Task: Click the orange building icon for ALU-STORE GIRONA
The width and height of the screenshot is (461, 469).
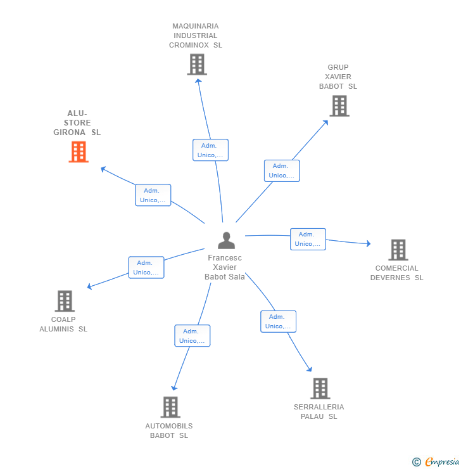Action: pyautogui.click(x=79, y=152)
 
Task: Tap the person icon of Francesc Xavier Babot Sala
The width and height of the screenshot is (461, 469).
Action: pyautogui.click(x=227, y=240)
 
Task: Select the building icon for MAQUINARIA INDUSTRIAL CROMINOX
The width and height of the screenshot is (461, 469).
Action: pyautogui.click(x=197, y=64)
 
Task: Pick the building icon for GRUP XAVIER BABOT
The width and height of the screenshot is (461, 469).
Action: pyautogui.click(x=339, y=106)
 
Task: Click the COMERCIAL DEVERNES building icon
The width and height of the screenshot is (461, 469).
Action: pyautogui.click(x=398, y=250)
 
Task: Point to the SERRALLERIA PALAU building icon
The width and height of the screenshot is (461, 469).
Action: pyautogui.click(x=320, y=389)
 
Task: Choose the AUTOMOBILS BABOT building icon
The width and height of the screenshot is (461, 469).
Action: pyautogui.click(x=170, y=407)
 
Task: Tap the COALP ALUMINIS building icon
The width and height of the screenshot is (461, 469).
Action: pyautogui.click(x=65, y=301)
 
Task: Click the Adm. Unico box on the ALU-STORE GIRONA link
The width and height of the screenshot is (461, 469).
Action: pyautogui.click(x=153, y=195)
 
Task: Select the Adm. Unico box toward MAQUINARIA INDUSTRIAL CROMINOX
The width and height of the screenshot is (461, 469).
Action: pyautogui.click(x=211, y=150)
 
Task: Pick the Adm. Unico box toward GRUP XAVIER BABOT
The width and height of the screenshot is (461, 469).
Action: pyautogui.click(x=282, y=170)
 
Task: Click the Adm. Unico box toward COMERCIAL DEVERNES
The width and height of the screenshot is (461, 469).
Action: pyautogui.click(x=308, y=240)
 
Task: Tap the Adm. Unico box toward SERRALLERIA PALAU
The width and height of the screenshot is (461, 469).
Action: pyautogui.click(x=279, y=321)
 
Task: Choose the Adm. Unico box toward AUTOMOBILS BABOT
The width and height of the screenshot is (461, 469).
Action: pyautogui.click(x=193, y=336)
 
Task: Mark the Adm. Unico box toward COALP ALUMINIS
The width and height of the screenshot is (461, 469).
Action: pyautogui.click(x=146, y=267)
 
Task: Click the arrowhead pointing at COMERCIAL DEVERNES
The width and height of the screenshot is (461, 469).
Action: pyautogui.click(x=369, y=243)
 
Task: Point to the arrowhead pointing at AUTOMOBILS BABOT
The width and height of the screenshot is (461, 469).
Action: pyautogui.click(x=174, y=388)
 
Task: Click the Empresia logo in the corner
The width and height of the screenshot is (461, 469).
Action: pyautogui.click(x=436, y=462)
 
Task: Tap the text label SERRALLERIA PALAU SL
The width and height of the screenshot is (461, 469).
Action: pyautogui.click(x=319, y=411)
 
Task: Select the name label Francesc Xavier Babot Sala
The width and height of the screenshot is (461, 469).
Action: pyautogui.click(x=225, y=267)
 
